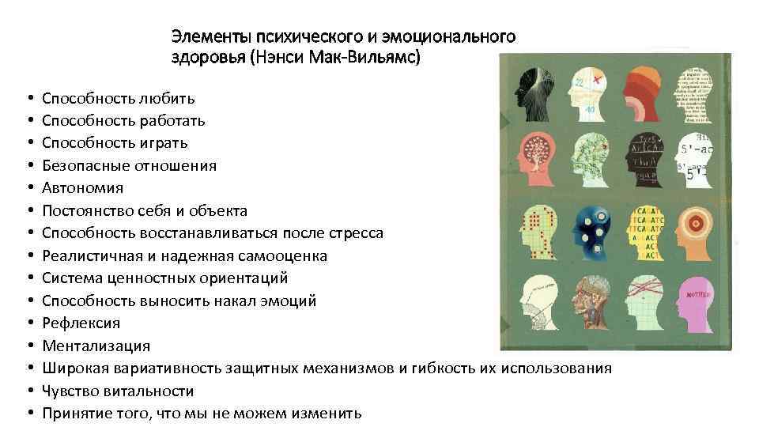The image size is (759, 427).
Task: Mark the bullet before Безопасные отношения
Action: (28, 166)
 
